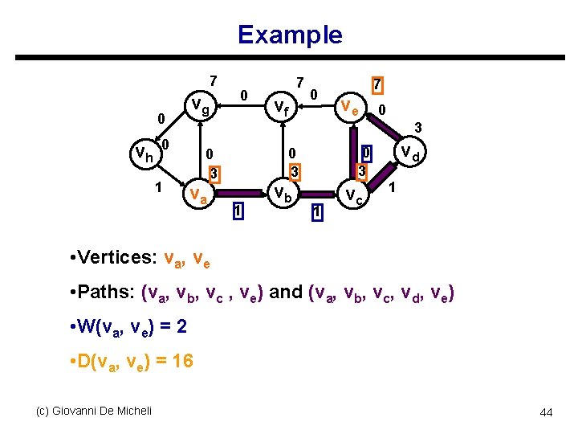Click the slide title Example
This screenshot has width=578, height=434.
pyautogui.click(x=289, y=35)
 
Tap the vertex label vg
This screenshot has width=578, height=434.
pyautogui.click(x=199, y=105)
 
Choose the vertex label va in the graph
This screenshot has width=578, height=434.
pyautogui.click(x=197, y=194)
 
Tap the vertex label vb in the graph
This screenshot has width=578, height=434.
pyautogui.click(x=281, y=194)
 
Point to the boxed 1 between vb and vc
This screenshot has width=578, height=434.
pyautogui.click(x=318, y=212)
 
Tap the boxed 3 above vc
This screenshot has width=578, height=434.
pyautogui.click(x=363, y=172)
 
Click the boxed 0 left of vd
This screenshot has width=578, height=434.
pyautogui.click(x=365, y=152)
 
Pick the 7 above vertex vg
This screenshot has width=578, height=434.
pyautogui.click(x=212, y=80)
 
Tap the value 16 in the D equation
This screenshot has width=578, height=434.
pyautogui.click(x=182, y=361)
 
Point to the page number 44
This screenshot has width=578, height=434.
pyautogui.click(x=546, y=412)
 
